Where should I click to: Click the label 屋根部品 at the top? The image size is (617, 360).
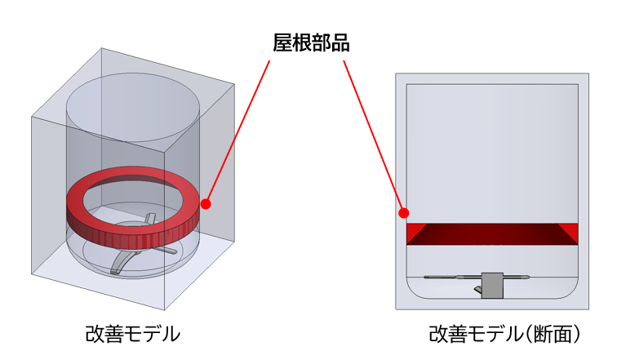[x=310, y=43]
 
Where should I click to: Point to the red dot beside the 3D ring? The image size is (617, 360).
[x=206, y=203]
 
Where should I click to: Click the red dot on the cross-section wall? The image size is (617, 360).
[x=402, y=213]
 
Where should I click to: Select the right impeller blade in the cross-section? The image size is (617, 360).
[x=522, y=278]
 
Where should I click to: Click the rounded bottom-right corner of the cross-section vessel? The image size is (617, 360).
[x=567, y=292]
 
